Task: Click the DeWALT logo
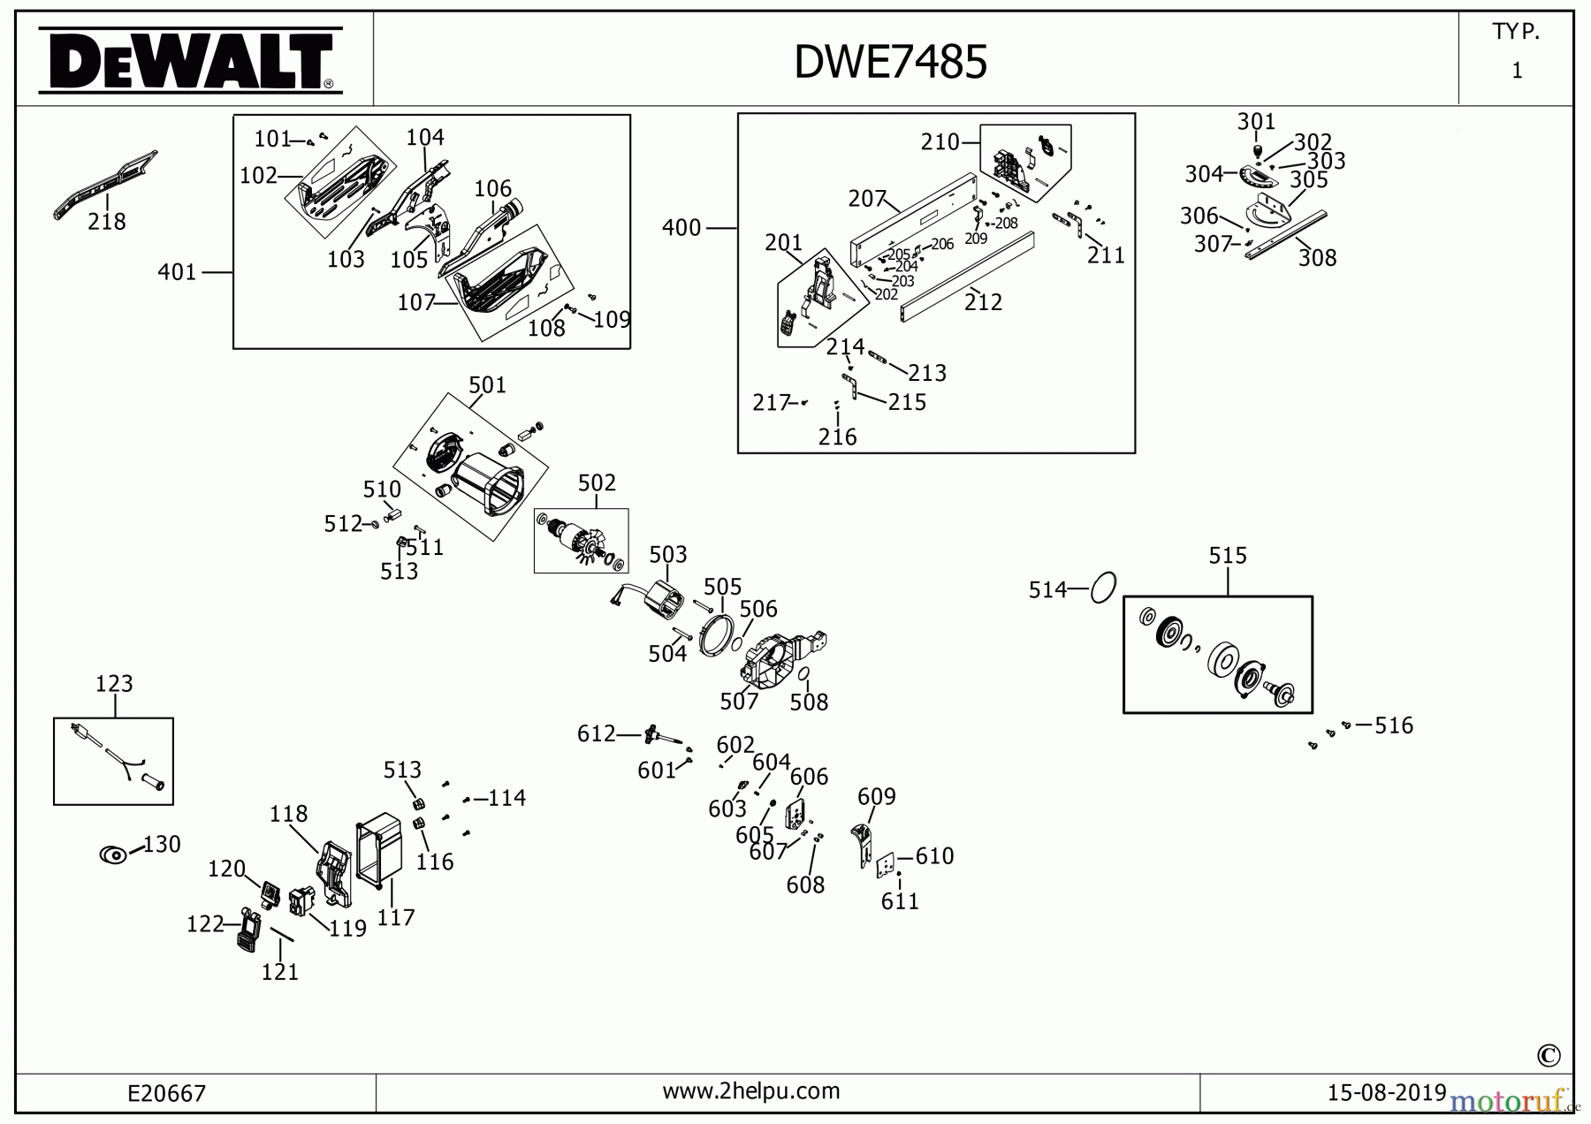pyautogui.click(x=191, y=60)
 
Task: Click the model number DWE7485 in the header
pyautogui.click(x=890, y=62)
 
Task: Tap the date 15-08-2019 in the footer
pyautogui.click(x=1386, y=1092)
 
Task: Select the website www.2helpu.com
pyautogui.click(x=751, y=1090)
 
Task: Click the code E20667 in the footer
pyautogui.click(x=166, y=1093)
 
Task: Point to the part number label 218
pyautogui.click(x=106, y=222)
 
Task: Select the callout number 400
pyautogui.click(x=681, y=228)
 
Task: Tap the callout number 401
pyautogui.click(x=177, y=272)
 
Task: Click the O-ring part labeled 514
pyautogui.click(x=1103, y=587)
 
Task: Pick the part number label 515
pyautogui.click(x=1227, y=556)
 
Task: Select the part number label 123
pyautogui.click(x=114, y=684)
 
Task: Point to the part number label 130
pyautogui.click(x=162, y=845)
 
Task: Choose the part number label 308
pyautogui.click(x=1316, y=258)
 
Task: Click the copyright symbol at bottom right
pyautogui.click(x=1548, y=1055)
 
